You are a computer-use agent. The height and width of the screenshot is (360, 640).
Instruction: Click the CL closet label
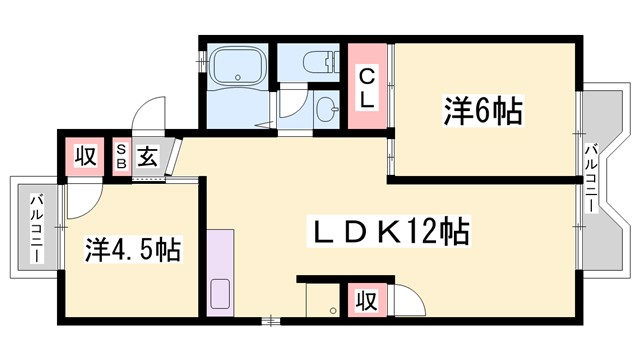coord(367,86)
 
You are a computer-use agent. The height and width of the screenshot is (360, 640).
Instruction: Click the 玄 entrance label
coord(146,157)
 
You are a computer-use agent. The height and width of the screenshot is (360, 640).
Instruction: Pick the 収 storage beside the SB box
coord(82,157)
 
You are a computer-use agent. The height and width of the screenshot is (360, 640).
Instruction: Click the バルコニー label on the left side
coord(35,228)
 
